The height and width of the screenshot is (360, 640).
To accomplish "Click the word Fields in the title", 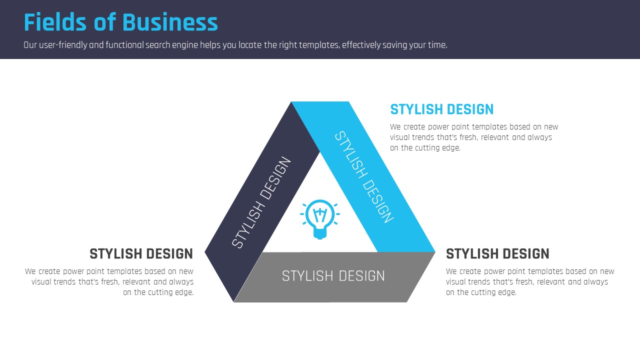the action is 55,22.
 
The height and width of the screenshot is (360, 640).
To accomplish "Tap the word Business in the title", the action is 170,22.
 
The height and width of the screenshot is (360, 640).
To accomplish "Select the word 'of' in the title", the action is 104,22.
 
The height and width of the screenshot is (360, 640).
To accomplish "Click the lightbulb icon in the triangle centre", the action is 319,219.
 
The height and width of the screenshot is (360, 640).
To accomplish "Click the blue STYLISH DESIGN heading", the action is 441,109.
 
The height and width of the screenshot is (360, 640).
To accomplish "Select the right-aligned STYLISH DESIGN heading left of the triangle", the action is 141,254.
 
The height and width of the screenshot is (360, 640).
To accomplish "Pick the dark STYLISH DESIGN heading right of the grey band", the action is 497,254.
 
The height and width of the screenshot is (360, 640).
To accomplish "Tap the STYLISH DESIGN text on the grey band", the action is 333,276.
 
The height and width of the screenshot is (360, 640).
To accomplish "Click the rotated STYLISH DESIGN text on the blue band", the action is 364,177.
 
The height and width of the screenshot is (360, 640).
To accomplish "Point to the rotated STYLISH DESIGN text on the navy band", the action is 261,202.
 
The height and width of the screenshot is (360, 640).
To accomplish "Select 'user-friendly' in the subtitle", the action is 63,45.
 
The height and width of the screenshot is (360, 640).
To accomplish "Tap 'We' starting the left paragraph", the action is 30,271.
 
